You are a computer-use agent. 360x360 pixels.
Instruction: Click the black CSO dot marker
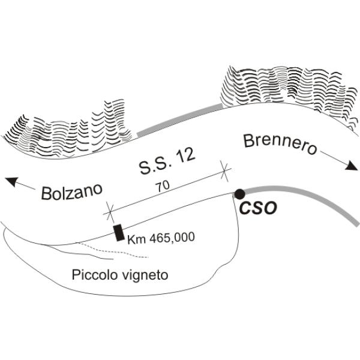tap(239, 194)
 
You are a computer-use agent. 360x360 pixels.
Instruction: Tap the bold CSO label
tap(258, 208)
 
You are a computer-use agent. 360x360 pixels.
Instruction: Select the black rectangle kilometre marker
tap(119, 233)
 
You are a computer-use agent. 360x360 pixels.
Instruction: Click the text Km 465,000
tap(161, 238)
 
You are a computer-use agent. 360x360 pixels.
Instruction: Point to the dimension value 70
tap(163, 186)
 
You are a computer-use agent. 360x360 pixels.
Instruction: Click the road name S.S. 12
tap(167, 161)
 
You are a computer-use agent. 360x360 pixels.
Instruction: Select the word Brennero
tap(280, 144)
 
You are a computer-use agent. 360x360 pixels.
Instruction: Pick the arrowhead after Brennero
tap(352, 166)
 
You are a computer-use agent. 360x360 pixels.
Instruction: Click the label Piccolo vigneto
tap(120, 275)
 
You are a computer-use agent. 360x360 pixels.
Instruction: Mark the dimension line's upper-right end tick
tap(224, 171)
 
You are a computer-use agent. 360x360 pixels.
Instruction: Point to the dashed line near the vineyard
tap(114, 250)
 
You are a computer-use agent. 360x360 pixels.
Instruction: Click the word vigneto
tap(145, 276)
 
